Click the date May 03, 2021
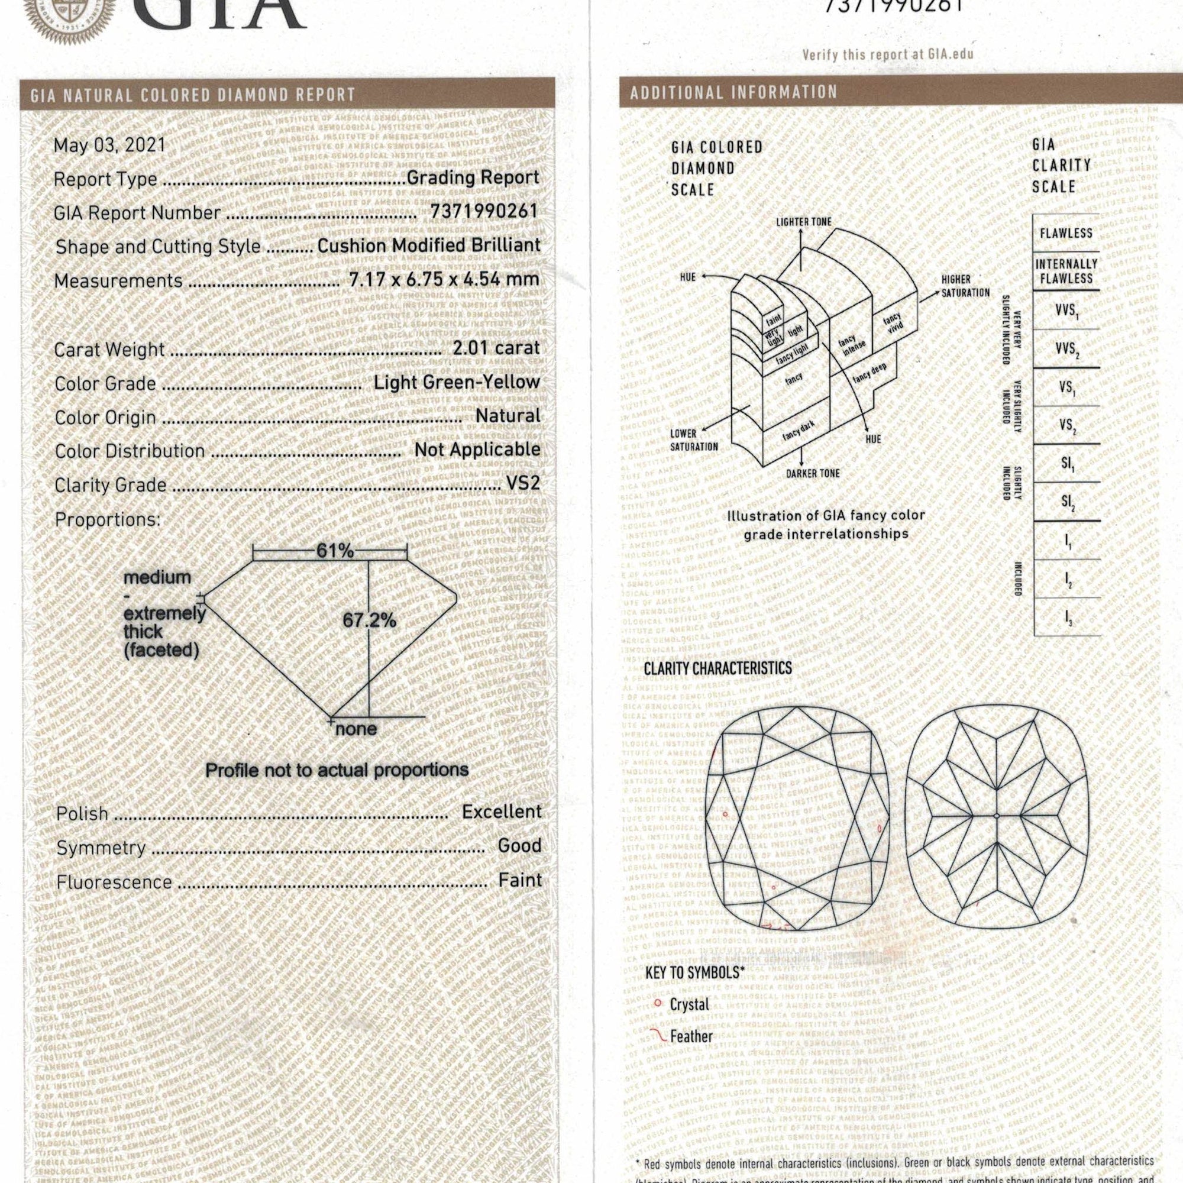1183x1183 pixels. click(109, 145)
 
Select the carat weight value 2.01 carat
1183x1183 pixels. click(496, 348)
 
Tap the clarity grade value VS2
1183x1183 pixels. click(523, 483)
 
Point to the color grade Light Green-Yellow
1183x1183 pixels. click(457, 382)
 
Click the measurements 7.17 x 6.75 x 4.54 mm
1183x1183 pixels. click(444, 279)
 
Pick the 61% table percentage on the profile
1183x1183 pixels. click(335, 551)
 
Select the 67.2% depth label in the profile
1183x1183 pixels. click(369, 620)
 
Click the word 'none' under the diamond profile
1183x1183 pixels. click(355, 729)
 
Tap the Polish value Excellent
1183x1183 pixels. click(502, 812)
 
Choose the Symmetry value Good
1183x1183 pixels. click(519, 846)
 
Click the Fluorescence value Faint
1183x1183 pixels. click(520, 880)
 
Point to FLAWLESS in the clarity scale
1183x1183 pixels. click(1066, 232)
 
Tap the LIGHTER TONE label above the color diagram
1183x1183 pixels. click(803, 222)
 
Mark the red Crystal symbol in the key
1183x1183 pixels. click(658, 1003)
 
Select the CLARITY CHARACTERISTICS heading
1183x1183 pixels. click(717, 668)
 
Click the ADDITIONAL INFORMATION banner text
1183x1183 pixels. click(733, 92)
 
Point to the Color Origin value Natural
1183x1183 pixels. click(508, 416)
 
